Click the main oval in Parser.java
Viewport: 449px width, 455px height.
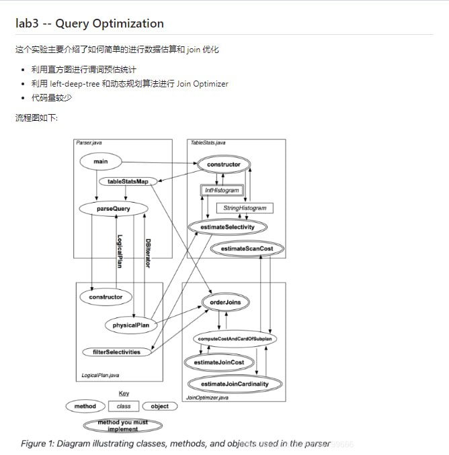[x=101, y=162]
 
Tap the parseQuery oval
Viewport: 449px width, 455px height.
[x=113, y=209]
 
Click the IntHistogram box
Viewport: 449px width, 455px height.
[x=222, y=191]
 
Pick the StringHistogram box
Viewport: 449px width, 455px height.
[x=245, y=209]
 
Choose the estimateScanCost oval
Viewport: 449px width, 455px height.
[x=247, y=248]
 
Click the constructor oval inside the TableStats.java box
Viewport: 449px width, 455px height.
[x=223, y=164]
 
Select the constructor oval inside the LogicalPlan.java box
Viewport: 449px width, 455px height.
[x=106, y=297]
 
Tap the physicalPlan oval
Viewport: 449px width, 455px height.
[x=130, y=325]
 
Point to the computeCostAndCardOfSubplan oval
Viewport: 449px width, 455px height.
[x=235, y=339]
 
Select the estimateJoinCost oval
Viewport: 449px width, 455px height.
[x=218, y=362]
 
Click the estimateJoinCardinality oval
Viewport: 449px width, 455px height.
[x=235, y=384]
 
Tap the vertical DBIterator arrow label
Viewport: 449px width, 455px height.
[x=148, y=253]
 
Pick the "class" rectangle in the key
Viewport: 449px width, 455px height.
[x=124, y=406]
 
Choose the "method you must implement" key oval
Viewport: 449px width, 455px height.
[x=122, y=425]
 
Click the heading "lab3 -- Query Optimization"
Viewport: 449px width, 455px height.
[x=89, y=23]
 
